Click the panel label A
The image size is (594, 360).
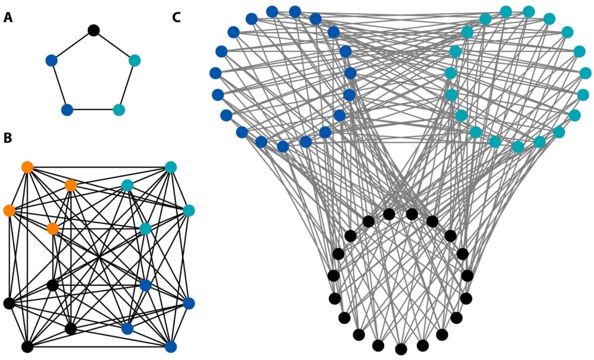tap(8, 18)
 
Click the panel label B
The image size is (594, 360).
tap(8, 138)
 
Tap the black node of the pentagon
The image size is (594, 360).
tap(93, 30)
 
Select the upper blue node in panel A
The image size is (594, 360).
tap(51, 60)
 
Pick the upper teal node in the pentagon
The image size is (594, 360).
tap(135, 60)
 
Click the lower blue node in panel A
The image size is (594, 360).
tap(67, 109)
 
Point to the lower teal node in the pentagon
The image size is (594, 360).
tap(119, 109)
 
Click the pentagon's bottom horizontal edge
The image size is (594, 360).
tap(93, 109)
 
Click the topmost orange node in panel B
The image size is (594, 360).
tap(27, 167)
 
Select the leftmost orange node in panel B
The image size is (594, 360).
tap(9, 210)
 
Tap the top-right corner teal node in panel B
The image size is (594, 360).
tap(171, 167)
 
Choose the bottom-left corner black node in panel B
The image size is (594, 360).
tap(27, 347)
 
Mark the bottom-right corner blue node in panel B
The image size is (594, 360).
tap(171, 347)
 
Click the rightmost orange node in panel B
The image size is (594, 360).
tap(71, 185)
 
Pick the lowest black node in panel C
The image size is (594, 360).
tap(401, 349)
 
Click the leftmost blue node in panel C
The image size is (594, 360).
tap(215, 73)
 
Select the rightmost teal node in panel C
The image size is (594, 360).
tap(585, 73)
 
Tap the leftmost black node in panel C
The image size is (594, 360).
tap(333, 275)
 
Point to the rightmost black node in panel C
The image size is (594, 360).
tap(467, 275)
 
